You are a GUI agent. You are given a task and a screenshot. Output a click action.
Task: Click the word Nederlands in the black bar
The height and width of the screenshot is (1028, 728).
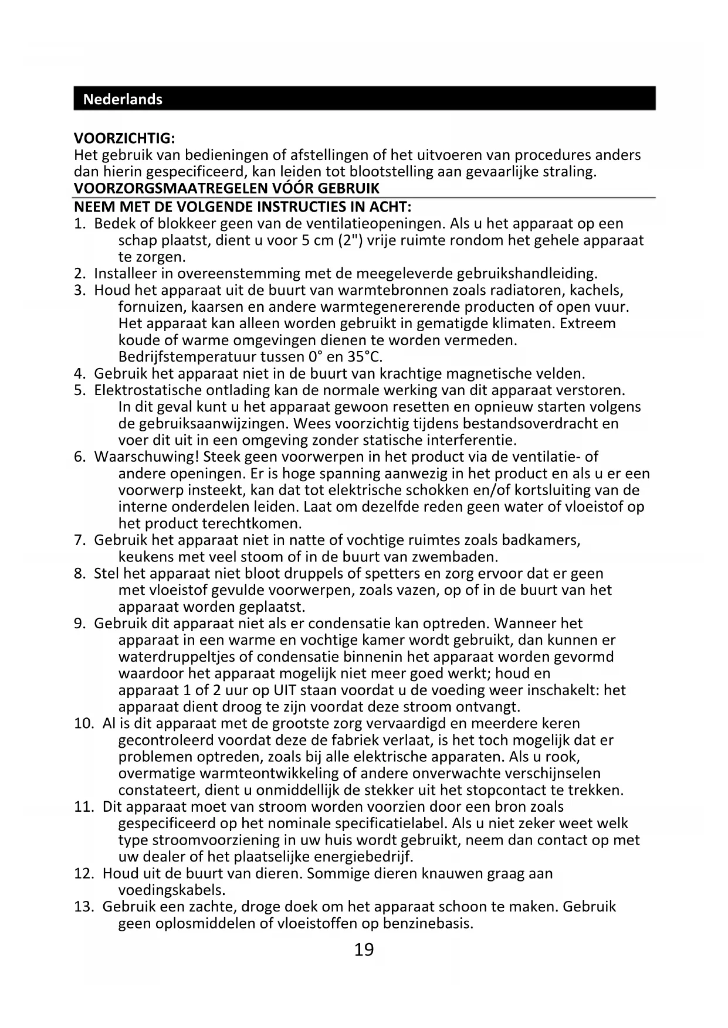(x=123, y=99)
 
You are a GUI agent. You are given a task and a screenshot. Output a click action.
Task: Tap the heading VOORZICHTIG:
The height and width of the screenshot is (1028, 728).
(x=124, y=139)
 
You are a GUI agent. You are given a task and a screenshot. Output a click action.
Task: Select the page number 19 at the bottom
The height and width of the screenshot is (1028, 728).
(x=364, y=949)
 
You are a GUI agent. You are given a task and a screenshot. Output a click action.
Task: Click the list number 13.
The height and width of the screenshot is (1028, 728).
(x=84, y=907)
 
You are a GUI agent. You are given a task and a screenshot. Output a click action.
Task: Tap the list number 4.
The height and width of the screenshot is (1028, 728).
(x=79, y=373)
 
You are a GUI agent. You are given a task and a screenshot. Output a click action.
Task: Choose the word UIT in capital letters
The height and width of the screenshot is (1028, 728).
(x=285, y=690)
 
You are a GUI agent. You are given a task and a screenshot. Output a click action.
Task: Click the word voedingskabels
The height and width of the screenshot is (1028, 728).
(x=172, y=890)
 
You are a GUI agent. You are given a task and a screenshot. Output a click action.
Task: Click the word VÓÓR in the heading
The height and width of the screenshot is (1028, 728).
(x=293, y=189)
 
